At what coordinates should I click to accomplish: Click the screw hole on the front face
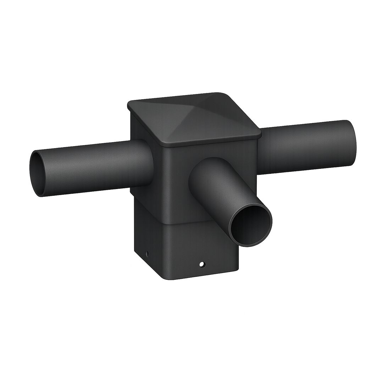(x=202, y=264)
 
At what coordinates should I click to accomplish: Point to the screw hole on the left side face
(x=147, y=254)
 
